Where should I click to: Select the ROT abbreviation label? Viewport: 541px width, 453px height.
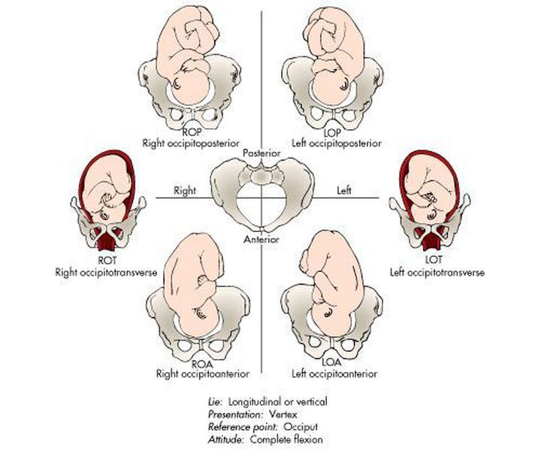point(104,260)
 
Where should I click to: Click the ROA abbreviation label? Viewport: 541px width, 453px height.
point(197,363)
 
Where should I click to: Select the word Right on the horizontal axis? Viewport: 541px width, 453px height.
point(185,191)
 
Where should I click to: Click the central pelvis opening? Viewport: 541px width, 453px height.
point(261,207)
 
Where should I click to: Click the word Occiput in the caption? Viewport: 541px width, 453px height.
point(286,424)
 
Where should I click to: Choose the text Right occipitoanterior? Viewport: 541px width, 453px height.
point(197,373)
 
